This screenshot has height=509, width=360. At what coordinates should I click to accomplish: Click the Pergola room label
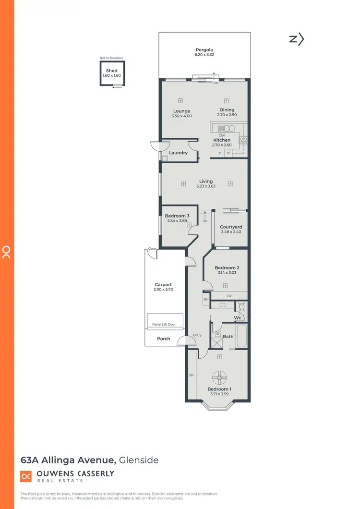(204, 50)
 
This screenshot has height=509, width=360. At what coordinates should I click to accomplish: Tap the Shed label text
(111, 71)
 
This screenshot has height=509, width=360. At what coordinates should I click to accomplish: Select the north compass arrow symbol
(297, 39)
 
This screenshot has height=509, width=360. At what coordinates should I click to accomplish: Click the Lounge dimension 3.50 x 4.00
(181, 116)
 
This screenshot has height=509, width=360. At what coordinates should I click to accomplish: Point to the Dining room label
(227, 110)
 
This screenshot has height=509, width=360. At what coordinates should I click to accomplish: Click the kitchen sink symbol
(226, 129)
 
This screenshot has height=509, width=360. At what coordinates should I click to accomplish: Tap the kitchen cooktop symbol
(243, 141)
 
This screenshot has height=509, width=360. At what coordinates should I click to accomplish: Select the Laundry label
(179, 153)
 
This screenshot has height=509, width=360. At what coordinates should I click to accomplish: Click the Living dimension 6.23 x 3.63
(206, 186)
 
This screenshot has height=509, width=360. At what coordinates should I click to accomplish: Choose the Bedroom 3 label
(173, 216)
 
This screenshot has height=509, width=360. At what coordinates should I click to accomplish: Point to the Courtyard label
(231, 227)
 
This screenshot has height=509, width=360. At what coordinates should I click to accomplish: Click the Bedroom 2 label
(227, 267)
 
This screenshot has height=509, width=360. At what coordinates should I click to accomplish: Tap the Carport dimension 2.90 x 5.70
(163, 290)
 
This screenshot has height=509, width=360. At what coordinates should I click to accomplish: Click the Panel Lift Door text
(164, 325)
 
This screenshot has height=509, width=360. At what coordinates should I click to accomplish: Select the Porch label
(164, 339)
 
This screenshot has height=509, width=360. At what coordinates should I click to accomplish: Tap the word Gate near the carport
(153, 248)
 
